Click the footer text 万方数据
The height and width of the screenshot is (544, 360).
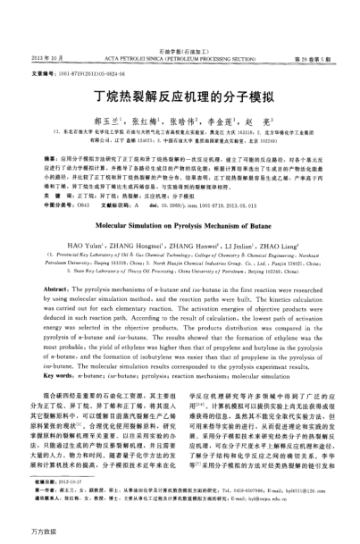click(20, 534)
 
